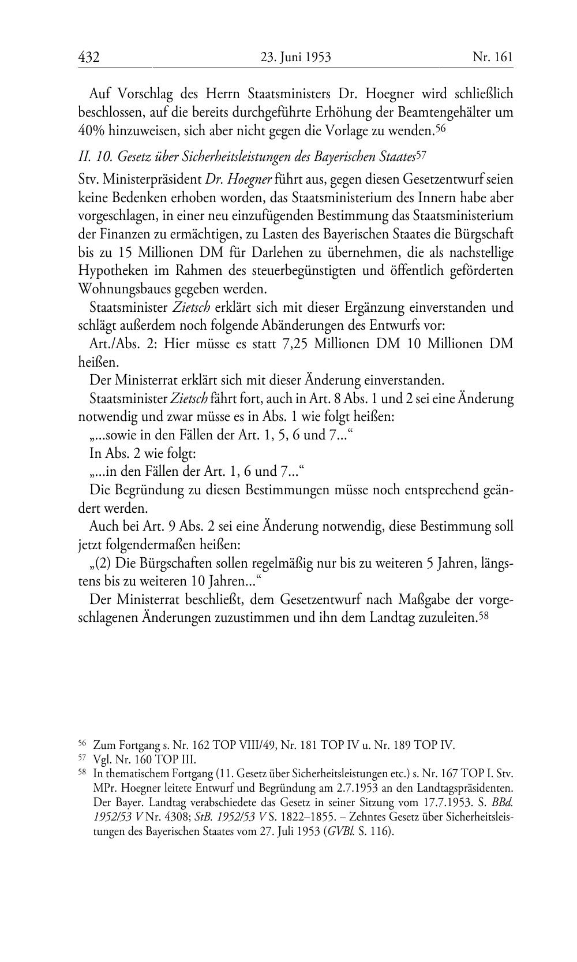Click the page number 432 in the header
click(89, 57)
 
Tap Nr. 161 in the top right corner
click(492, 57)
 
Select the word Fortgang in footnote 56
click(133, 745)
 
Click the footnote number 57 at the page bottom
click(82, 758)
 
